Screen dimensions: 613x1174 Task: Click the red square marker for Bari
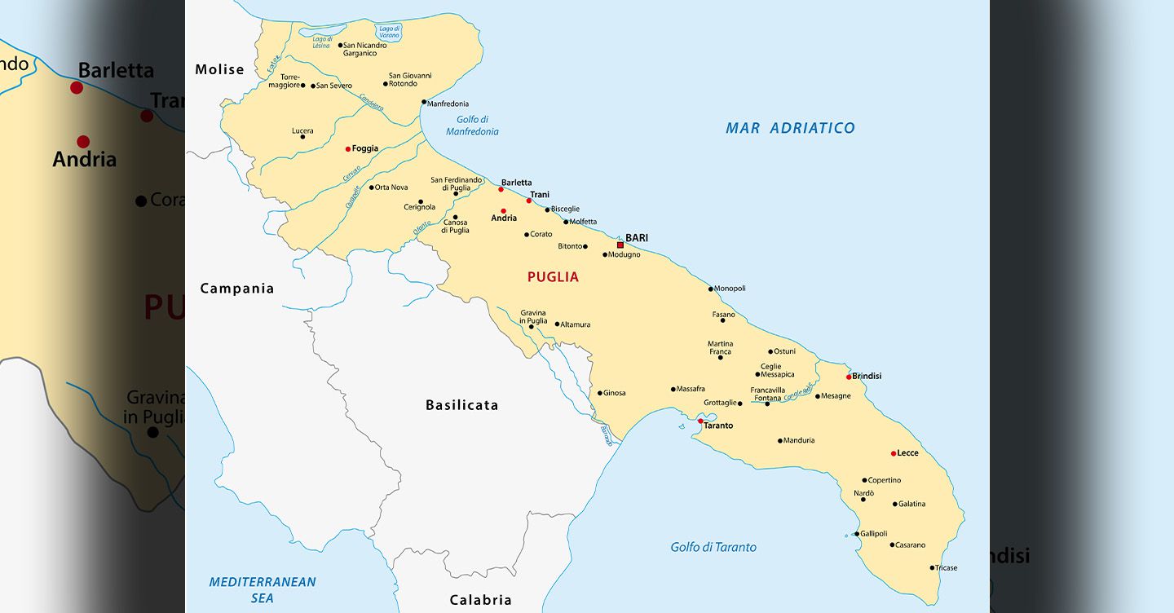coord(620,245)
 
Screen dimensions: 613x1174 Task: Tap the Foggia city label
coord(365,149)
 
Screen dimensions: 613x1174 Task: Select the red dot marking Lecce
coord(894,453)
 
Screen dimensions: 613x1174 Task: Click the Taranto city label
coord(718,426)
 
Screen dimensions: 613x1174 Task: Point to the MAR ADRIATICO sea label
coord(790,128)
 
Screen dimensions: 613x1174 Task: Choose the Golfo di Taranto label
coord(713,547)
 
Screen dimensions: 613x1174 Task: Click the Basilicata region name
coord(461,405)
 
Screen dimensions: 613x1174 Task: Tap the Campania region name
coord(237,289)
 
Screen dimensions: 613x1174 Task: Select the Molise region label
coord(219,70)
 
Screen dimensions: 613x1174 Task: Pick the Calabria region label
coord(481,600)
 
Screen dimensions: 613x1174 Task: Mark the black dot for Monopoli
coord(711,289)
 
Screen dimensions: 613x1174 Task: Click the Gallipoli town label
coord(874,534)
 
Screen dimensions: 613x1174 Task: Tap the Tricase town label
coord(947,568)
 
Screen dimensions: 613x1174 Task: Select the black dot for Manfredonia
coord(424,103)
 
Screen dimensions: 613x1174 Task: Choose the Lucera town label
coord(302,131)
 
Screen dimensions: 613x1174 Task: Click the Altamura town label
coord(575,324)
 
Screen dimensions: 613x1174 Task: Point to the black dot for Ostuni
coord(770,352)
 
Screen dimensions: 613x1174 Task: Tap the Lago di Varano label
coord(390,33)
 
